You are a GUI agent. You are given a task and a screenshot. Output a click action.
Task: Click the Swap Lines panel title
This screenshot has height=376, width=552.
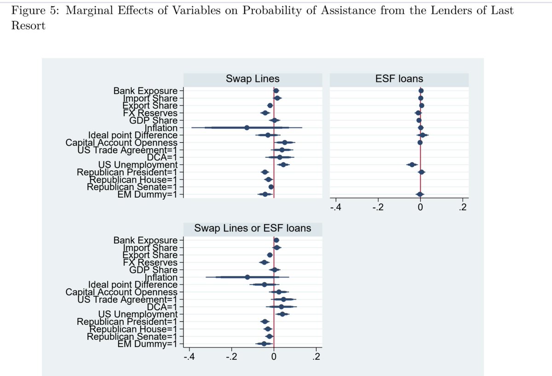(x=253, y=79)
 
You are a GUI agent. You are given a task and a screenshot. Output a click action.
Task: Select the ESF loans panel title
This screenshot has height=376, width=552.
(x=399, y=79)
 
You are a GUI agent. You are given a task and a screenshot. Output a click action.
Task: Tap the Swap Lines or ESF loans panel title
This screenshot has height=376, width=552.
(x=253, y=228)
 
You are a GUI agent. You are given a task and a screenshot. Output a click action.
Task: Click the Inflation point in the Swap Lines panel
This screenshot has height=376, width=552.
(x=247, y=127)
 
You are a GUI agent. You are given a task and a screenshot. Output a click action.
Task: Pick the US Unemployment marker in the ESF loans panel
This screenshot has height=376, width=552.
(x=412, y=164)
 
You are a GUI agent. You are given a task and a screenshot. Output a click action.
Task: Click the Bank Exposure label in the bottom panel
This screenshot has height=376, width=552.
(x=145, y=240)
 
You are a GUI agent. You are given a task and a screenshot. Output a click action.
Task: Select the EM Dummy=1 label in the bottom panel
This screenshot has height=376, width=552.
(x=147, y=343)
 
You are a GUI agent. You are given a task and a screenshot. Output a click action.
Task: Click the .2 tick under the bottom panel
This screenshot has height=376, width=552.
(x=316, y=357)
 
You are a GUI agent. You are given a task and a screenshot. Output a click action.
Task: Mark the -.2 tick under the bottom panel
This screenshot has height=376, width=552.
(x=231, y=357)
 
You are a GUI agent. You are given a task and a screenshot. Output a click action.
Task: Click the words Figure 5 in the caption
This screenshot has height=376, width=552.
(x=34, y=11)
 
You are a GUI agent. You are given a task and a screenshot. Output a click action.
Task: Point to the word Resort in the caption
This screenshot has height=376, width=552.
(x=28, y=25)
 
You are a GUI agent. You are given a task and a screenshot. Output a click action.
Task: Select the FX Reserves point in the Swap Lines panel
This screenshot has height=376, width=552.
(x=264, y=113)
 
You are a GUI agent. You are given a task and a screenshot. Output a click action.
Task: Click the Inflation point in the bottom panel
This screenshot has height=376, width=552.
(x=247, y=277)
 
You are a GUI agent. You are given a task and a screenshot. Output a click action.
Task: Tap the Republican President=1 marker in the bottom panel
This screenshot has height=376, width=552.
(x=264, y=321)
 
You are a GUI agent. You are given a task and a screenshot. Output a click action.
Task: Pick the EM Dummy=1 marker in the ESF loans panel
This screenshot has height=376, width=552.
(x=420, y=194)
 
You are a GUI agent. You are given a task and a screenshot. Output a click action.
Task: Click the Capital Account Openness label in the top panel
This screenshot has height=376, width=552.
(x=121, y=142)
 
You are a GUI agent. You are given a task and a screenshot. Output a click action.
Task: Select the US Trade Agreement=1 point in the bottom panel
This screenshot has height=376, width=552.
(x=283, y=299)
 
